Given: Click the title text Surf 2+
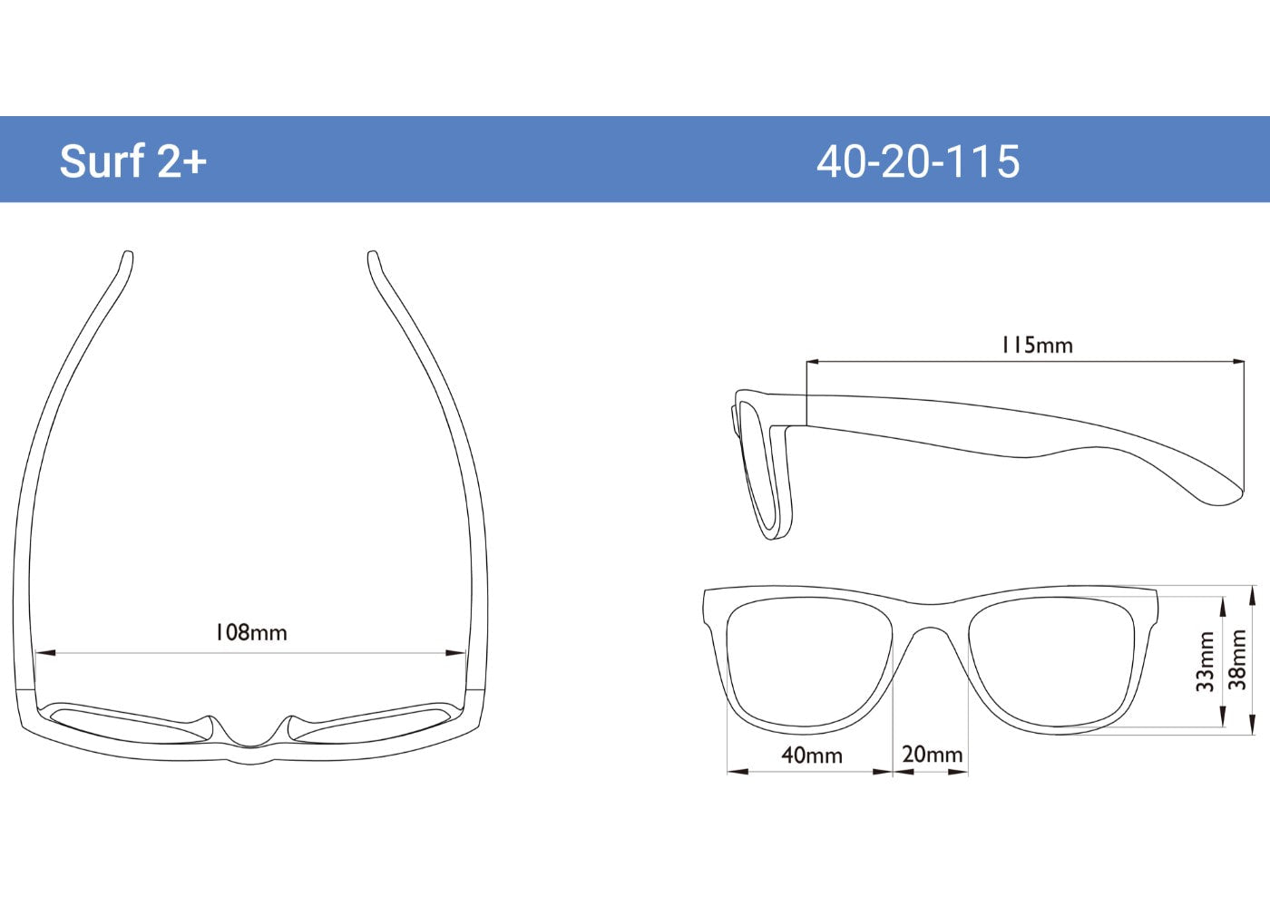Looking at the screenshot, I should point(133,161).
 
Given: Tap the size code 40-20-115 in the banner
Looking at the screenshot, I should point(917,161).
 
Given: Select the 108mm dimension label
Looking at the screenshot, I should point(250,632).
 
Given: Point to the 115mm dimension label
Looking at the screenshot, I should point(1036,346).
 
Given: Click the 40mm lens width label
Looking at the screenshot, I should point(811,755).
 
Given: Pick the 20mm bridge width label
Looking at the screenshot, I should point(932,755).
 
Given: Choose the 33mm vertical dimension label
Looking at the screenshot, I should point(1205,661).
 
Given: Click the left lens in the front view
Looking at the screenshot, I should point(807,662).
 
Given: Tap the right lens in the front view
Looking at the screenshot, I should point(1052,662).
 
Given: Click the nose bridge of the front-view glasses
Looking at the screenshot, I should point(931,617).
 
